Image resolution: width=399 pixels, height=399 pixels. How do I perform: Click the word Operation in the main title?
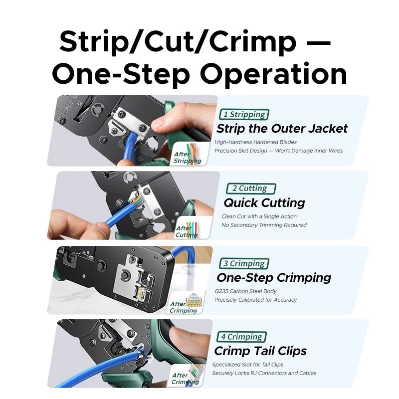[x=274, y=75]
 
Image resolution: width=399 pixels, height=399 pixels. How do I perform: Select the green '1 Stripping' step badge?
[x=244, y=115]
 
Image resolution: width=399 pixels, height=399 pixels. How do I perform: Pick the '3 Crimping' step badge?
[x=244, y=263]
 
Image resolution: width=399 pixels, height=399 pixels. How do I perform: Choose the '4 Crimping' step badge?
[x=242, y=337]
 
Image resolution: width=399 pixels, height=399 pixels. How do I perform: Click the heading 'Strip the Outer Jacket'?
[x=282, y=129]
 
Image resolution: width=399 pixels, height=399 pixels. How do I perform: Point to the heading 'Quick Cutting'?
[x=264, y=202]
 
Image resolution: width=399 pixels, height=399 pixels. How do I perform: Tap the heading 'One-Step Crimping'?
[x=274, y=277]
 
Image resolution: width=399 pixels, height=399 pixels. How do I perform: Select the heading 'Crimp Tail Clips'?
[x=260, y=351]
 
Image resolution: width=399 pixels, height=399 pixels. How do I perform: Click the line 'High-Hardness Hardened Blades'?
[x=255, y=142]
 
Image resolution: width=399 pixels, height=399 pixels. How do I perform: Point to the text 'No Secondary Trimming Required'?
[x=264, y=225]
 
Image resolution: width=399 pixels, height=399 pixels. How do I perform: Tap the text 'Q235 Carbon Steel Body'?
[x=245, y=291]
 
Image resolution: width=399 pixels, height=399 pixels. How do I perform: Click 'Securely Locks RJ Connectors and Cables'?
[x=264, y=373]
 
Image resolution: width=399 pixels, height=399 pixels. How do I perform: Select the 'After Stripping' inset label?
[x=187, y=158]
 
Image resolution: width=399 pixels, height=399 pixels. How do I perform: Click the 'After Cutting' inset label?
[x=186, y=231]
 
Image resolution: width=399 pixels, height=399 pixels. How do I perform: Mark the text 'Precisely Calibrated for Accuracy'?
[x=255, y=300]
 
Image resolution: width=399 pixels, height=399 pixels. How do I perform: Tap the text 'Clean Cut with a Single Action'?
[x=259, y=216]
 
